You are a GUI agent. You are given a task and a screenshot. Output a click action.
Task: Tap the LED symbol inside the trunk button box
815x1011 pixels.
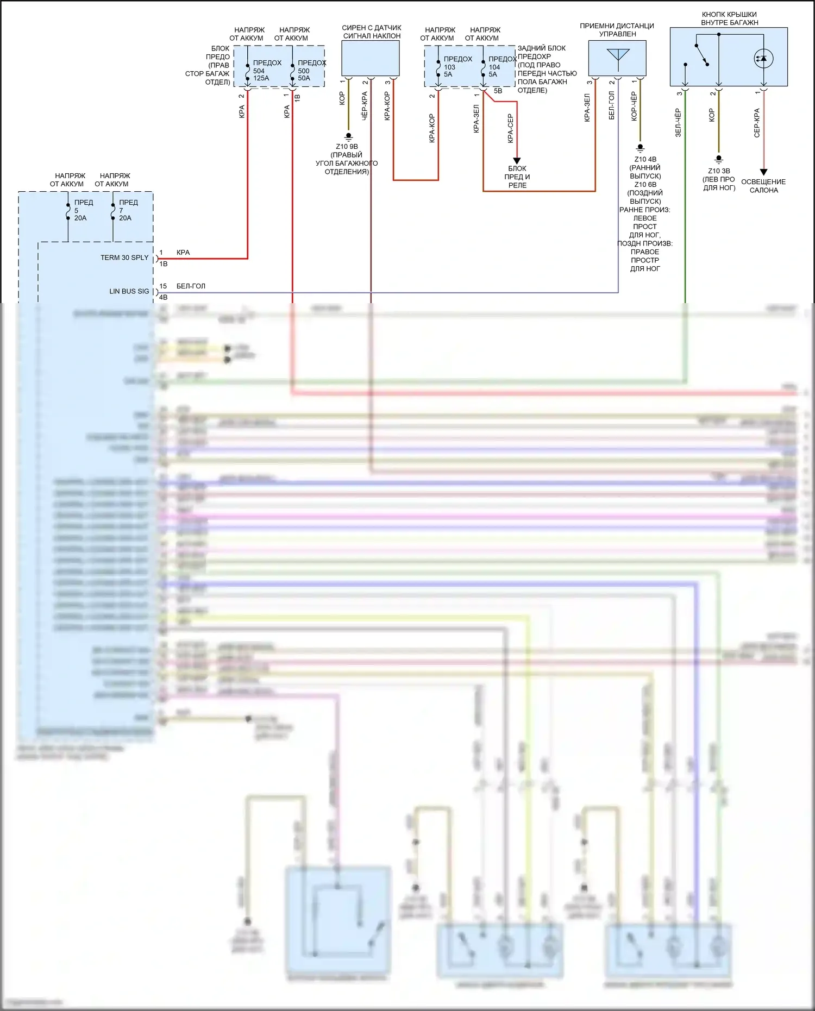click(x=763, y=59)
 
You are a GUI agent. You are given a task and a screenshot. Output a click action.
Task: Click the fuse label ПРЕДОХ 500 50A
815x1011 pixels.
click(x=311, y=71)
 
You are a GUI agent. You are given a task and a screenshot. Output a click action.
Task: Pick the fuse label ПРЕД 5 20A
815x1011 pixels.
click(x=83, y=210)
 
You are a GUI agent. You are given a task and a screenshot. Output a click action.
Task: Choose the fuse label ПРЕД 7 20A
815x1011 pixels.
click(x=128, y=210)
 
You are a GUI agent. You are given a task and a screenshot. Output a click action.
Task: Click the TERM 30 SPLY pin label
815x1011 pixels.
click(x=124, y=258)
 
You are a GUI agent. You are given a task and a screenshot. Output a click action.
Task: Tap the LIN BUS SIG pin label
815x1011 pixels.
click(x=129, y=291)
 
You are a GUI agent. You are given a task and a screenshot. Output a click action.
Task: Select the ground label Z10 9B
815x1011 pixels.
click(x=347, y=147)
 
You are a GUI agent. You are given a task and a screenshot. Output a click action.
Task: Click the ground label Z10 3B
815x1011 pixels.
click(x=719, y=171)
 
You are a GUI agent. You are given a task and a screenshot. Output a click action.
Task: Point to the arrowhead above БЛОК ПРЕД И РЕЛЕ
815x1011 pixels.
click(x=517, y=160)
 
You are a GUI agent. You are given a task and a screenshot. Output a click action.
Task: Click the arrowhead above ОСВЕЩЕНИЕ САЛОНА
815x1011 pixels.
click(x=763, y=172)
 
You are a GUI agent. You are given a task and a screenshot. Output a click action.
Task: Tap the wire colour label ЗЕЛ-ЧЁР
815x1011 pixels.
click(x=678, y=122)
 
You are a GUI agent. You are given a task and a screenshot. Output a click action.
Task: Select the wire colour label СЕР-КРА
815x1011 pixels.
click(x=757, y=123)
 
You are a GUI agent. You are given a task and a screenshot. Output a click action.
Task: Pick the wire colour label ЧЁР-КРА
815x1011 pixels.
click(x=365, y=106)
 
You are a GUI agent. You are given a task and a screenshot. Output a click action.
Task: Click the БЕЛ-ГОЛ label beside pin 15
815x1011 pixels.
click(x=191, y=286)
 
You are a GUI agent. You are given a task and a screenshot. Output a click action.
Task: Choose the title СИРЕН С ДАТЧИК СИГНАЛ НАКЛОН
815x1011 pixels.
click(x=372, y=32)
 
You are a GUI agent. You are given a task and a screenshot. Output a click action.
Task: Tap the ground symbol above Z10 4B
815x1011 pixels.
click(x=640, y=147)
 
